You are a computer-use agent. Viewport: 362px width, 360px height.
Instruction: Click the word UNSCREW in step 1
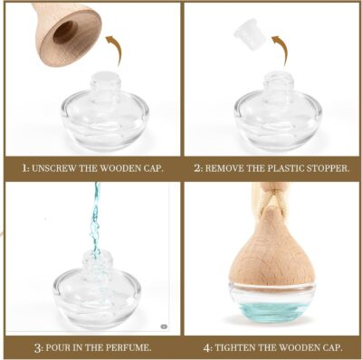click(60, 168)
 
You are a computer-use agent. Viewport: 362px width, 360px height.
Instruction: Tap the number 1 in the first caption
click(26, 168)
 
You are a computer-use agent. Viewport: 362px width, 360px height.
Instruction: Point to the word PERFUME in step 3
click(124, 347)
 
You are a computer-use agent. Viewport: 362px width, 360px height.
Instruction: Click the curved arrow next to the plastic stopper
click(284, 49)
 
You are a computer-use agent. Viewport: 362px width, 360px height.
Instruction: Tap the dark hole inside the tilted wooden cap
click(65, 29)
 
